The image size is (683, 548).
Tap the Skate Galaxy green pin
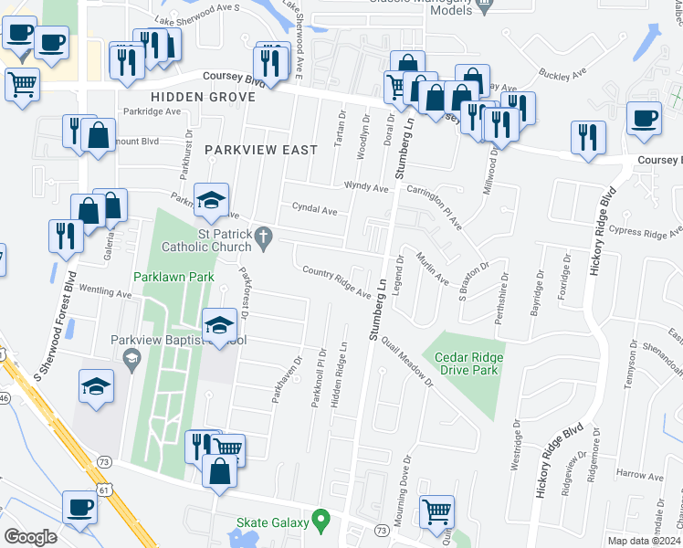320,522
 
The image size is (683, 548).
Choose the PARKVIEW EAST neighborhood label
260,149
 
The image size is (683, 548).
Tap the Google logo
30,537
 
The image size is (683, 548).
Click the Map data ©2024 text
645,541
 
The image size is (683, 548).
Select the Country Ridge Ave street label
338,283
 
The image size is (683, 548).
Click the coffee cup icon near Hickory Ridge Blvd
645,120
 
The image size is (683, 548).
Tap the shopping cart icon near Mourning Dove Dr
437,512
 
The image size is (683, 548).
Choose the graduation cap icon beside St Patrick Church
211,202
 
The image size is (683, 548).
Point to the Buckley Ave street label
560,70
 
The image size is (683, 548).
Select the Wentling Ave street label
106,294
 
